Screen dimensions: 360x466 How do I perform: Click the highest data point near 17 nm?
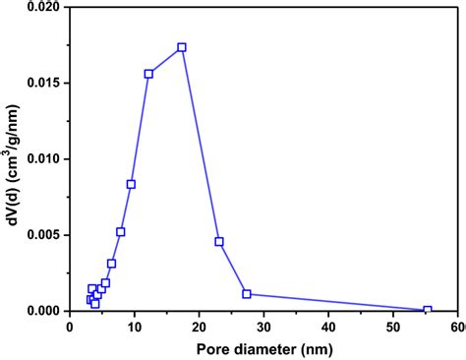[182, 47]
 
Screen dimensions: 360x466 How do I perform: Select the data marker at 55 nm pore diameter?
[427, 310]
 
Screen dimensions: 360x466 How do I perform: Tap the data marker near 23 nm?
[219, 241]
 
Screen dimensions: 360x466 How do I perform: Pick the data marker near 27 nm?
[247, 293]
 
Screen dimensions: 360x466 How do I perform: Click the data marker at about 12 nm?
[148, 74]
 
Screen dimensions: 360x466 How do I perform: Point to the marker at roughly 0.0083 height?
[131, 184]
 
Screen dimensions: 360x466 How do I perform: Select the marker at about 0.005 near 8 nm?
[121, 232]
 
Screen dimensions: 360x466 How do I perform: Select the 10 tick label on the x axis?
[134, 326]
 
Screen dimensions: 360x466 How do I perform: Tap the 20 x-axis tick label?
[199, 326]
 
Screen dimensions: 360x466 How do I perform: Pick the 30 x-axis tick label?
[263, 326]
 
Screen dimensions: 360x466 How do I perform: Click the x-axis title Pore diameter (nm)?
[262, 347]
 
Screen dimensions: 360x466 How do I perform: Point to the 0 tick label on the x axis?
[69, 326]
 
